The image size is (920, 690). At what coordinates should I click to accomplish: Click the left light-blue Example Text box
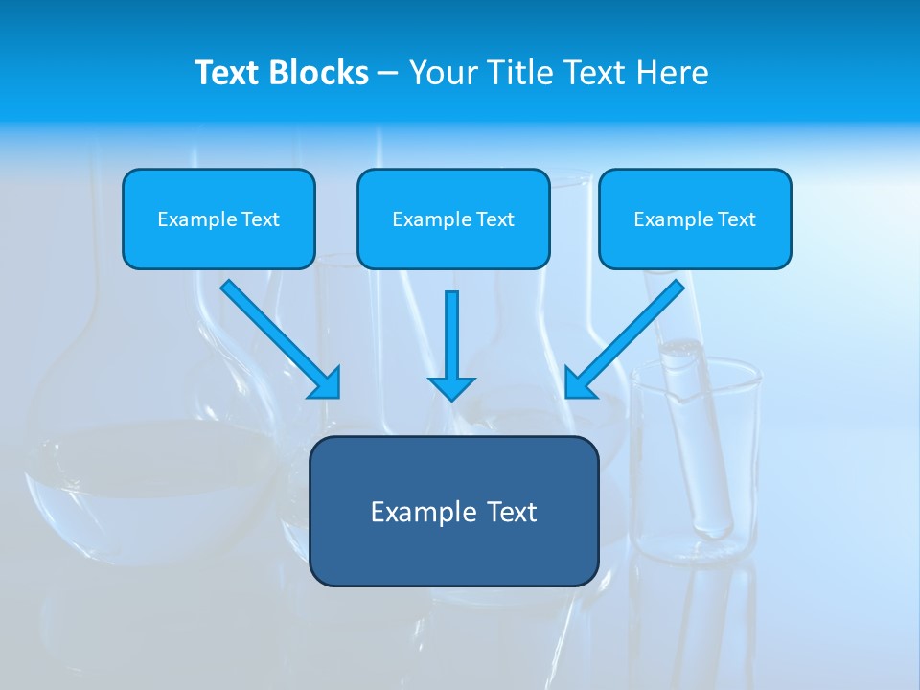pyautogui.click(x=218, y=219)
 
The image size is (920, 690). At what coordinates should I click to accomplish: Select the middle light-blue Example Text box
pyautogui.click(x=453, y=219)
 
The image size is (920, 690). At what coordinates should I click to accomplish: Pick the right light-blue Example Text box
pyautogui.click(x=695, y=219)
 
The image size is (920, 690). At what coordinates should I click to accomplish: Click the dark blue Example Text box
pyautogui.click(x=453, y=511)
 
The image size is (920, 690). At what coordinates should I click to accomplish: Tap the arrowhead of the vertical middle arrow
pyautogui.click(x=451, y=388)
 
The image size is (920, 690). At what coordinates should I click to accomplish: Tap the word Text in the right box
pyautogui.click(x=736, y=219)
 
